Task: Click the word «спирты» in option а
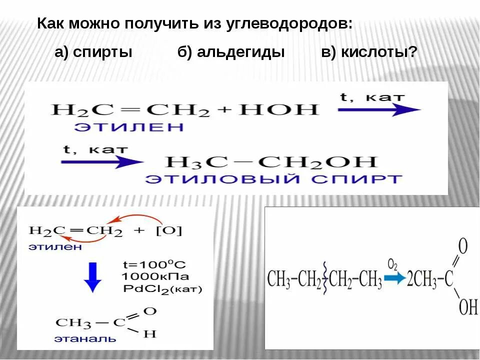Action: click(103, 52)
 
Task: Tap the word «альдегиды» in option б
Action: click(241, 52)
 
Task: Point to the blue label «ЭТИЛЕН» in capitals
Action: click(129, 127)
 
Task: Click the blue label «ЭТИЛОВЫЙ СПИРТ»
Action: click(273, 179)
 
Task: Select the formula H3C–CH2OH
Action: click(270, 162)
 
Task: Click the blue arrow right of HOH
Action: click(379, 110)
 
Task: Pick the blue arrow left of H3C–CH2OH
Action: click(102, 161)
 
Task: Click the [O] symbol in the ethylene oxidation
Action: click(172, 231)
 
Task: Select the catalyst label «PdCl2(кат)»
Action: click(161, 289)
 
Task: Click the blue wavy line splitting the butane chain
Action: click(325, 278)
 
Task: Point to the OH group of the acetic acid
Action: click(468, 306)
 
